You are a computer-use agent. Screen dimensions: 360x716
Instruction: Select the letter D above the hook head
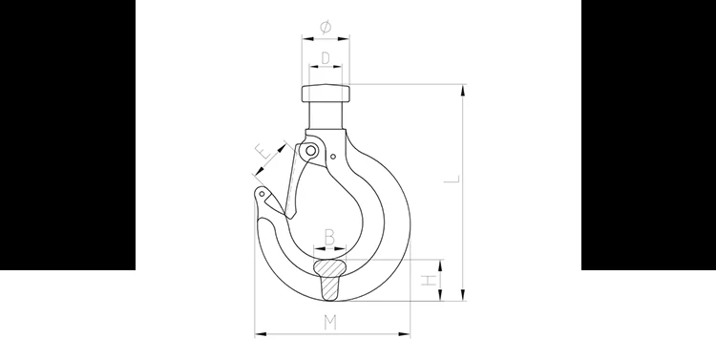click(326, 57)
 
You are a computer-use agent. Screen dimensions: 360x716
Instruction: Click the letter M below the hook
click(329, 321)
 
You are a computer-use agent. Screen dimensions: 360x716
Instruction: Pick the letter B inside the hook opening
click(329, 235)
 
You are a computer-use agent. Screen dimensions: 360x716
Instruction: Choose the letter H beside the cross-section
click(431, 280)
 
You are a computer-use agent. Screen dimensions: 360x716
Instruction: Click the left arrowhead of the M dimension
click(259, 333)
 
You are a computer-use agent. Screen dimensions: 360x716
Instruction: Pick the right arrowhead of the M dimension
click(408, 333)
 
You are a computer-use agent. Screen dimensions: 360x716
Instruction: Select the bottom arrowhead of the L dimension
click(463, 296)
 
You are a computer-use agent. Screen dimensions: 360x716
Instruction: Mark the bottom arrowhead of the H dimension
click(442, 297)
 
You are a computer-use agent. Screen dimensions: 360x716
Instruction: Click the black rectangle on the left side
click(67, 135)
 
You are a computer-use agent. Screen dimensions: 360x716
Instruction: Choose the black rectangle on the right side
click(648, 135)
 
